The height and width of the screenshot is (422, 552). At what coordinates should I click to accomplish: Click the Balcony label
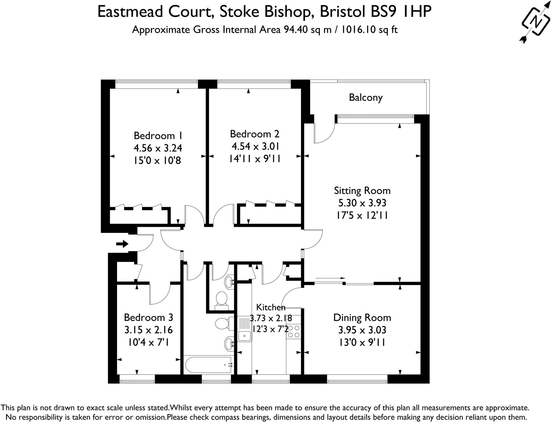pyautogui.click(x=365, y=97)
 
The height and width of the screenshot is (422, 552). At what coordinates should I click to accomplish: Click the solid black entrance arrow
pyautogui.click(x=122, y=244)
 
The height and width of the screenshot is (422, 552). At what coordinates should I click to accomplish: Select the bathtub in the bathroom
pyautogui.click(x=208, y=365)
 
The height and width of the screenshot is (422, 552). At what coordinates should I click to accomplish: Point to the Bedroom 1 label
pyautogui.click(x=158, y=135)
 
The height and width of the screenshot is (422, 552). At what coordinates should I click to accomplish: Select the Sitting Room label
pyautogui.click(x=362, y=191)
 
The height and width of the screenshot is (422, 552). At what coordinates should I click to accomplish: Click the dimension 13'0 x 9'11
pyautogui.click(x=362, y=342)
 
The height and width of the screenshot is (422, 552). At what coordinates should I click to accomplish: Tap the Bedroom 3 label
pyautogui.click(x=148, y=317)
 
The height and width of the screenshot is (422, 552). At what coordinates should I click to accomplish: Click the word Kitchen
pyautogui.click(x=270, y=307)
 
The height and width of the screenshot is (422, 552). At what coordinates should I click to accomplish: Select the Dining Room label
pyautogui.click(x=362, y=318)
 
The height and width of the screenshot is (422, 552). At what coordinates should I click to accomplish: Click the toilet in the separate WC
pyautogui.click(x=222, y=299)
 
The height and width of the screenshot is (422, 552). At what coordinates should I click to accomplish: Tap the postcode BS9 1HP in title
pyautogui.click(x=401, y=12)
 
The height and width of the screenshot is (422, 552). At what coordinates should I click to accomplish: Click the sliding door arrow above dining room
pyautogui.click(x=330, y=278)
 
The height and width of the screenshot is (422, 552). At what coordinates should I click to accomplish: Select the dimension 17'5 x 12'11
pyautogui.click(x=362, y=215)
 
